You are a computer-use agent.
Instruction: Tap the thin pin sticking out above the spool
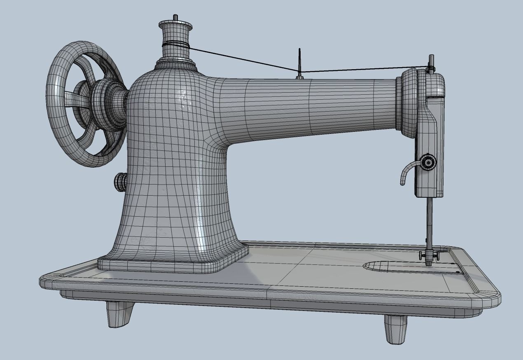pos(175,17)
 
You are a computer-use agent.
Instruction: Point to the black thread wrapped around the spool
pos(175,45)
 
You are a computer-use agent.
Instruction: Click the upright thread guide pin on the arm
pos(300,62)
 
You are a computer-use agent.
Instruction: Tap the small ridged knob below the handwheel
pos(120,182)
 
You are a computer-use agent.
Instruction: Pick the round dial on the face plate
pos(428,162)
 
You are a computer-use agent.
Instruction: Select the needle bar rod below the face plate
pos(429,222)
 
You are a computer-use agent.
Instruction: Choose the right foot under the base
pos(396,329)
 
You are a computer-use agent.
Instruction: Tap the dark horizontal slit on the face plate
pos(435,97)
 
